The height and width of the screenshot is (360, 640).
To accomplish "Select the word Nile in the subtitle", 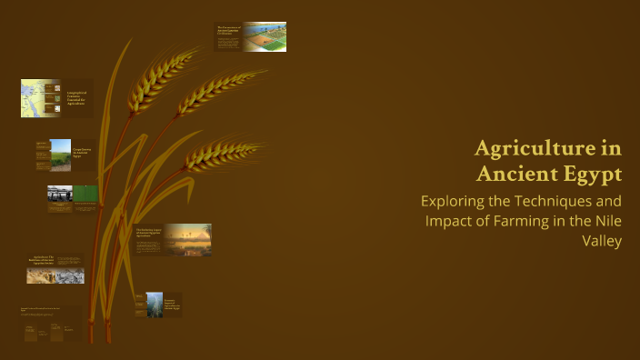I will (x=605, y=221).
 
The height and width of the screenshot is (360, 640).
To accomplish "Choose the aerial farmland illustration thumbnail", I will (x=265, y=36).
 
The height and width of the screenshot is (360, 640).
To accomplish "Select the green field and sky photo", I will (x=60, y=155).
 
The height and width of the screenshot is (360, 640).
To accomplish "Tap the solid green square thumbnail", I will (x=85, y=194).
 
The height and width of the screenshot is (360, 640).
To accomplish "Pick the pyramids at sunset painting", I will (x=188, y=239).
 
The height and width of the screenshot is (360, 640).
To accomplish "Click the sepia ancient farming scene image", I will (x=55, y=275).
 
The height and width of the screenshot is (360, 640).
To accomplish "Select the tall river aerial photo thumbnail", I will (x=155, y=305).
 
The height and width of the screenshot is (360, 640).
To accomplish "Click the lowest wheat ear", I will (x=220, y=155).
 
